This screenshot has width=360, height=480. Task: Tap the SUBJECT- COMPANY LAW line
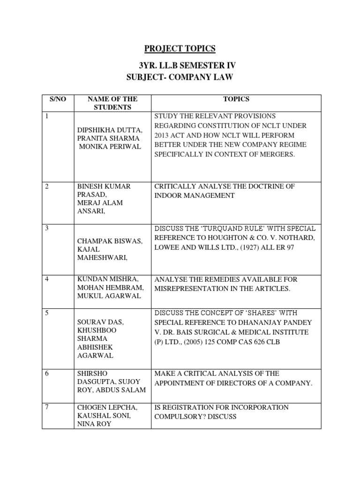tap(180, 76)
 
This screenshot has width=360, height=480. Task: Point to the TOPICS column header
tap(236, 99)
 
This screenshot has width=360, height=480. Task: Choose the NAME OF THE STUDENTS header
tap(112, 103)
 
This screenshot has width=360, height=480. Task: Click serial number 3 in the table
tap(47, 228)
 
